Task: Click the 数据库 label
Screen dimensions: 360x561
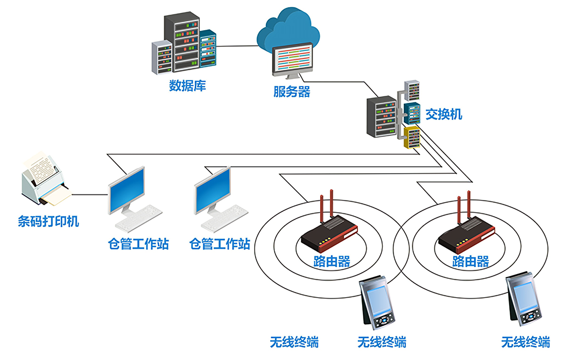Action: click(187, 86)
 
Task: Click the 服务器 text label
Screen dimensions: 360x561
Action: click(292, 92)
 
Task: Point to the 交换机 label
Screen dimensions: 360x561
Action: click(444, 114)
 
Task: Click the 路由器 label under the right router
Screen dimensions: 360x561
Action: click(470, 261)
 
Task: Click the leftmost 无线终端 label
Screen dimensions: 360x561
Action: click(294, 342)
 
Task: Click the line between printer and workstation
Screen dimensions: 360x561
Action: click(89, 194)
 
